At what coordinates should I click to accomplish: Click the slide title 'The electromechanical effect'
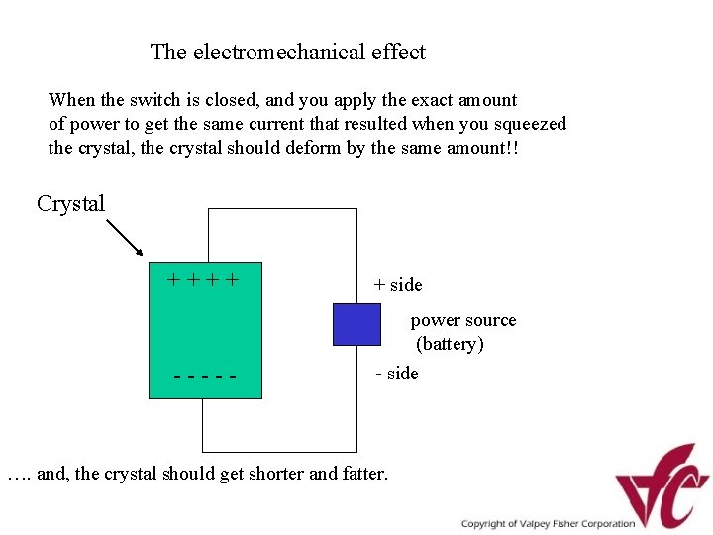[287, 52]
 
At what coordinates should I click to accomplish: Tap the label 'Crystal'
[70, 204]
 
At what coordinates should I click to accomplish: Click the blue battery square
[356, 324]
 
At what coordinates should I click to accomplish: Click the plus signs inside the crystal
[203, 279]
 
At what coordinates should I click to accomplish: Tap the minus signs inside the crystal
[204, 377]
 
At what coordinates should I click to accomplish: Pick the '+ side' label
[398, 285]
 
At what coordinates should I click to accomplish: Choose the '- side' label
[397, 374]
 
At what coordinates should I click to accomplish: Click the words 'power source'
[463, 320]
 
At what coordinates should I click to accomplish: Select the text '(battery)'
[451, 344]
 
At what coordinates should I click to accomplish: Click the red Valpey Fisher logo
[662, 485]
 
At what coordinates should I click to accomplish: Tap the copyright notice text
[548, 524]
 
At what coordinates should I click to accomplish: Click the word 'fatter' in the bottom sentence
[362, 474]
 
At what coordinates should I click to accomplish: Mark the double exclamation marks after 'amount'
[512, 148]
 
